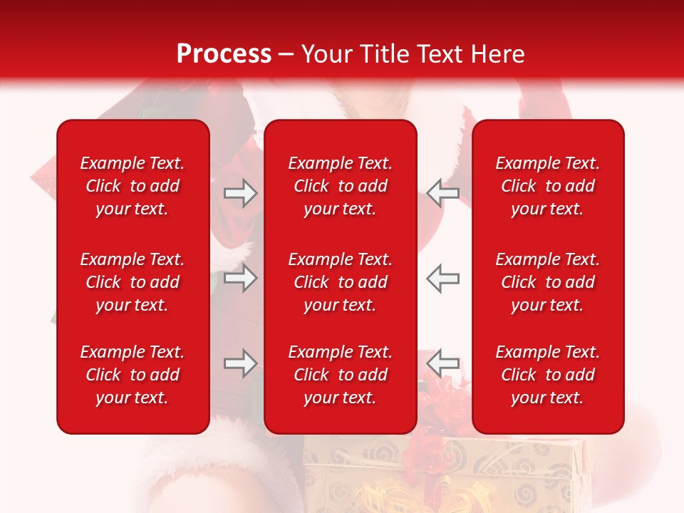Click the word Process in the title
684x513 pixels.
(x=224, y=54)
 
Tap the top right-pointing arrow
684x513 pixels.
(x=240, y=193)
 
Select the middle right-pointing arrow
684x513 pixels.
(x=240, y=278)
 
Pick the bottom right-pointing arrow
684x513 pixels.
(x=240, y=363)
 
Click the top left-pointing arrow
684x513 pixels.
(x=443, y=193)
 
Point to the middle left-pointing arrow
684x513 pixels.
(x=443, y=278)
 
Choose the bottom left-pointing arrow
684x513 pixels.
(x=443, y=363)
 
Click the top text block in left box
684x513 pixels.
(x=133, y=186)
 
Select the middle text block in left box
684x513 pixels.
(x=133, y=282)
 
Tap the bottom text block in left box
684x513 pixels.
(x=133, y=375)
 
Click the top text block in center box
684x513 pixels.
(x=341, y=186)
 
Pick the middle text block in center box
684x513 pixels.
(x=341, y=282)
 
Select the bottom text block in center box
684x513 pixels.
(x=341, y=375)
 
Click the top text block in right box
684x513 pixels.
(x=548, y=186)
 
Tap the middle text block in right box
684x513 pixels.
(x=548, y=282)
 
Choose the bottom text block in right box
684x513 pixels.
(x=548, y=375)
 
